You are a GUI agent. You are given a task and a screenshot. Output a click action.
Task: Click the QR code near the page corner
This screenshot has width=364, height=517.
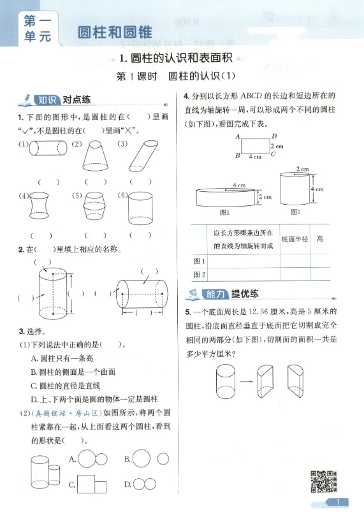pyautogui.click(x=323, y=481)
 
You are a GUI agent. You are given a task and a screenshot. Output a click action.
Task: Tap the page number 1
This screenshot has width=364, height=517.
pyautogui.click(x=338, y=502)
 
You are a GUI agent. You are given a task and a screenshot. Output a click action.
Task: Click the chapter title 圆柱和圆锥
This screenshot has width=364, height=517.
pyautogui.click(x=115, y=33)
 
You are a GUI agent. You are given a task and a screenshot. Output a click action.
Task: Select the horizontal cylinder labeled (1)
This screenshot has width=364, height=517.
pyautogui.click(x=48, y=148)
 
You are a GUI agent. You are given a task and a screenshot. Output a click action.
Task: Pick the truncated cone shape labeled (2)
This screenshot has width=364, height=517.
pyautogui.click(x=95, y=156)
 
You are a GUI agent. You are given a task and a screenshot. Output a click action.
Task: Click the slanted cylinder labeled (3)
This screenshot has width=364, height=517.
pyautogui.click(x=143, y=156)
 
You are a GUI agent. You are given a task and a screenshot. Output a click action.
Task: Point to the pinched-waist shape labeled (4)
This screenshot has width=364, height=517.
pyautogui.click(x=40, y=206)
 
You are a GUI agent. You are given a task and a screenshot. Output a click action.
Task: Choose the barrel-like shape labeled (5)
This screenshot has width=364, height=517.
pyautogui.click(x=94, y=207)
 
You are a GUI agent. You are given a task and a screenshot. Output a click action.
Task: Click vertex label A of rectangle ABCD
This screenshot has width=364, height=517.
pyautogui.click(x=237, y=136)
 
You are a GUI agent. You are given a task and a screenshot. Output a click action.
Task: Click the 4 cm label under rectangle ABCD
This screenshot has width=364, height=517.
pyautogui.click(x=255, y=157)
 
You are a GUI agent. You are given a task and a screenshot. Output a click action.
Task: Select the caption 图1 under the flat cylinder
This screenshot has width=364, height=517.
pyautogui.click(x=224, y=212)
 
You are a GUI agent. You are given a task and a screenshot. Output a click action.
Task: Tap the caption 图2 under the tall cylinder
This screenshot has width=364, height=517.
pyautogui.click(x=296, y=212)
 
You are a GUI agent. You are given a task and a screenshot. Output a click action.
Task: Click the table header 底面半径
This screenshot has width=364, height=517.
pyautogui.click(x=295, y=239)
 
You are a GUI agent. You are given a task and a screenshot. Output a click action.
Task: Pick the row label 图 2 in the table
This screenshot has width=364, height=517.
pyautogui.click(x=199, y=274)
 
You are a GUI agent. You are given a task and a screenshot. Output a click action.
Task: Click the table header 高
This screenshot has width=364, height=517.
pyautogui.click(x=319, y=239)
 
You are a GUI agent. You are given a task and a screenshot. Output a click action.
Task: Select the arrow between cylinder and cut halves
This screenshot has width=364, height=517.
pyautogui.click(x=246, y=381)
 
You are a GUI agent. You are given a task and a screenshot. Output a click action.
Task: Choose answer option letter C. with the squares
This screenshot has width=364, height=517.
pyautogui.click(x=72, y=484)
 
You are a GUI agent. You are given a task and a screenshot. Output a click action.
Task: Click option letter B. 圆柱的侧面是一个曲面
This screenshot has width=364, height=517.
pyautogui.click(x=73, y=372)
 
